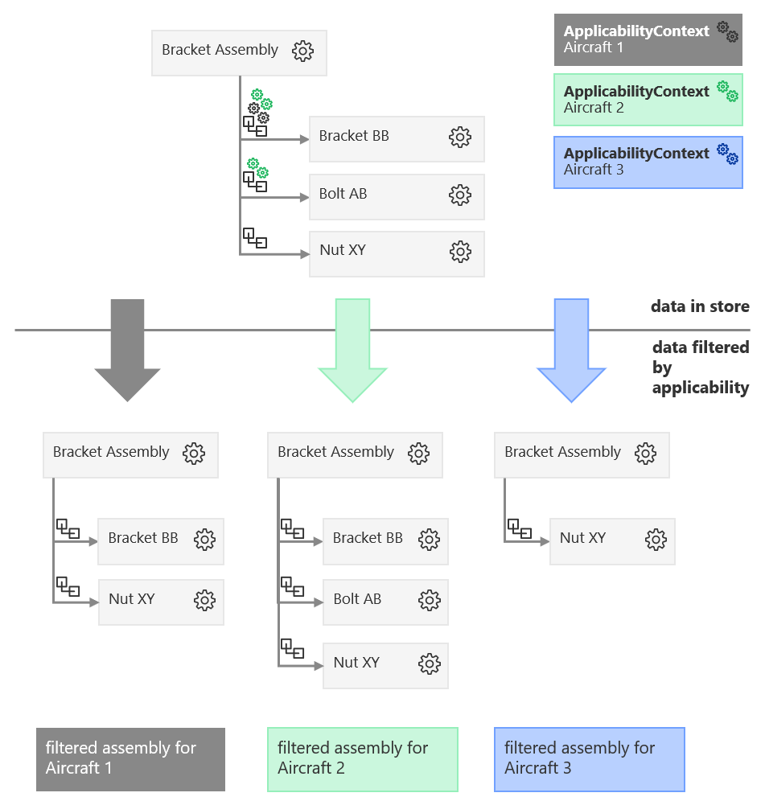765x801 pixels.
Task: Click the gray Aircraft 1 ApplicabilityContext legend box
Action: tap(648, 39)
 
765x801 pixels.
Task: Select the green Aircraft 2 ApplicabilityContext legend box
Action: tap(648, 100)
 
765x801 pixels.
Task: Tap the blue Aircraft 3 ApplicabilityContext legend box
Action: tap(648, 162)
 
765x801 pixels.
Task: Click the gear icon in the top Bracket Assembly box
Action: tap(302, 51)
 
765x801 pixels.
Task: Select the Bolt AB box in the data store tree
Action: tap(396, 196)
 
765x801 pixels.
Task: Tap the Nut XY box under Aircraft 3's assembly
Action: tap(612, 540)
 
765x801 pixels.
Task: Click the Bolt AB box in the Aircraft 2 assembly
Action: tap(385, 601)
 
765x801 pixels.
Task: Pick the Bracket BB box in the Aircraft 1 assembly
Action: tap(160, 540)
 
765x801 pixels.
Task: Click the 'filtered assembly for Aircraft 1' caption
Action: tap(130, 758)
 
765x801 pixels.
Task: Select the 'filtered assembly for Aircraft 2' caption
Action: tap(362, 758)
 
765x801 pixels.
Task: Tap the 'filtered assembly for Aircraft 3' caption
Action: tap(589, 758)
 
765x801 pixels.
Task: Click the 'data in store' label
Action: tap(700, 306)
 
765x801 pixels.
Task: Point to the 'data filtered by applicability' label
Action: tap(700, 368)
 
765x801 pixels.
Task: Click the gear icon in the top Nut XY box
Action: tap(460, 253)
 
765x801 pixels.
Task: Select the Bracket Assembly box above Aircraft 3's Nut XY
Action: tap(582, 454)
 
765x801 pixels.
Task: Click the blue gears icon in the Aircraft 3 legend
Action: tap(727, 154)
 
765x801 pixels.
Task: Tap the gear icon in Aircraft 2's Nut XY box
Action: tap(430, 664)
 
